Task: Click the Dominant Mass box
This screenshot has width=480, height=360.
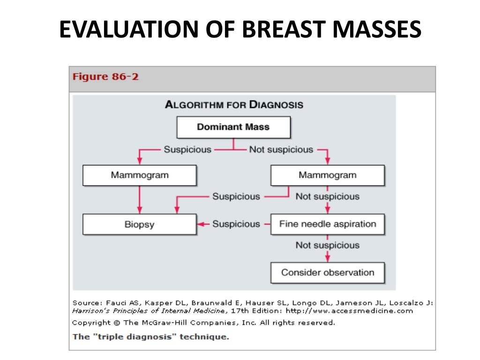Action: pyautogui.click(x=233, y=127)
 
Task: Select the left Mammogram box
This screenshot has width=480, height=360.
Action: pyautogui.click(x=139, y=175)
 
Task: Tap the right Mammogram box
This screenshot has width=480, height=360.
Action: pyautogui.click(x=327, y=175)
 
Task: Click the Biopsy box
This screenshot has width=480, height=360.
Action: pyautogui.click(x=139, y=224)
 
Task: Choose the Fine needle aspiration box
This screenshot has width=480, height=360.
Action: pyautogui.click(x=327, y=224)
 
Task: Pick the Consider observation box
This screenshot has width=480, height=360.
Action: pyautogui.click(x=327, y=272)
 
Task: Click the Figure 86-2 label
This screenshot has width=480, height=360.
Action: pyautogui.click(x=105, y=77)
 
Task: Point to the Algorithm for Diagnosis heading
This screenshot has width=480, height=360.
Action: pyautogui.click(x=233, y=105)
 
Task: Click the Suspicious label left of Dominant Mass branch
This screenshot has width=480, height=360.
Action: pyautogui.click(x=187, y=150)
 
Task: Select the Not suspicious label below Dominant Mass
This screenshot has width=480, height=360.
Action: pyautogui.click(x=281, y=150)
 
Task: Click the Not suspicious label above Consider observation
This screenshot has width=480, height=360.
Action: pyautogui.click(x=327, y=245)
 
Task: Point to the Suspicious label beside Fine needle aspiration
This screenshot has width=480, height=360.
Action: pyautogui.click(x=236, y=224)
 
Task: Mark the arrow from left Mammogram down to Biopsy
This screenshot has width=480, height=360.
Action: pyautogui.click(x=139, y=199)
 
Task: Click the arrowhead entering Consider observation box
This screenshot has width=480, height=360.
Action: pyautogui.click(x=327, y=259)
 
